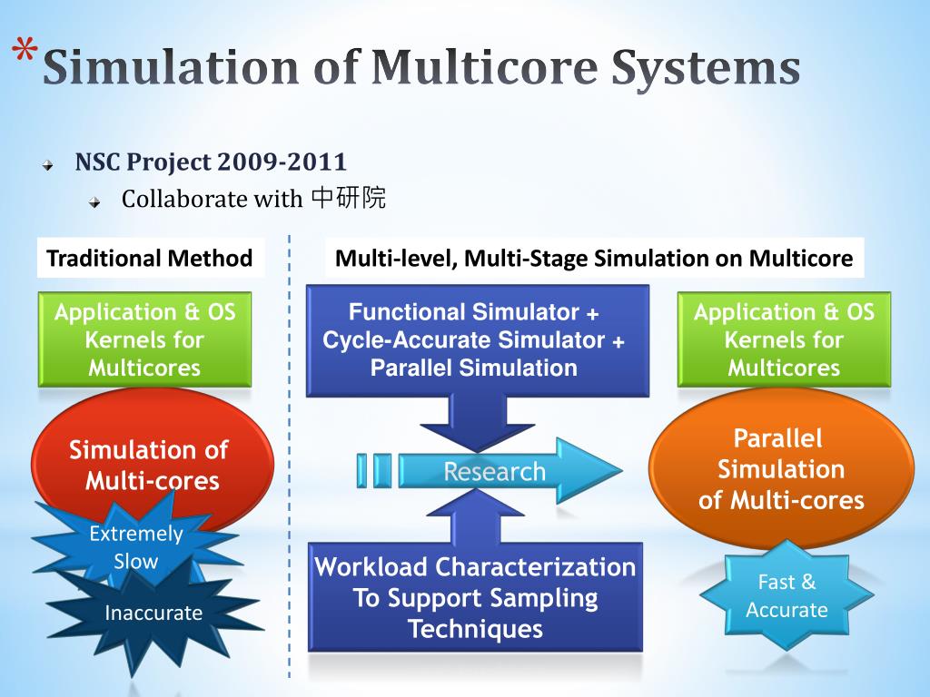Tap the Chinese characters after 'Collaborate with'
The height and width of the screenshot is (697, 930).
pos(349,198)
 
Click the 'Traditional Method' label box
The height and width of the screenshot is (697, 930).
pos(150,259)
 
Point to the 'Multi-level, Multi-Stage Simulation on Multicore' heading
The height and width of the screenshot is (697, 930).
pos(594,259)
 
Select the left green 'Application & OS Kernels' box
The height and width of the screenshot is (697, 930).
pos(144,339)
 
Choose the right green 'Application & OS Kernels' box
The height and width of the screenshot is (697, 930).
pos(784,339)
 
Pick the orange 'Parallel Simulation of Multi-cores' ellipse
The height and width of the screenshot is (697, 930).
pos(781,469)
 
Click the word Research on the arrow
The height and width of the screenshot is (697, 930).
pos(494,472)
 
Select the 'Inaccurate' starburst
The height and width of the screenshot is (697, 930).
pos(153,613)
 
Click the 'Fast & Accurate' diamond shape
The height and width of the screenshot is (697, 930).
pos(787,595)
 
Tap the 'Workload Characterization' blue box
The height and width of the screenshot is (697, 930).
pos(475,597)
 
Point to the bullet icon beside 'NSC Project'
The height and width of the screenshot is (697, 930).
pos(48,166)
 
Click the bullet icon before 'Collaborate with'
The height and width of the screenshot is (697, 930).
pos(94,201)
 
